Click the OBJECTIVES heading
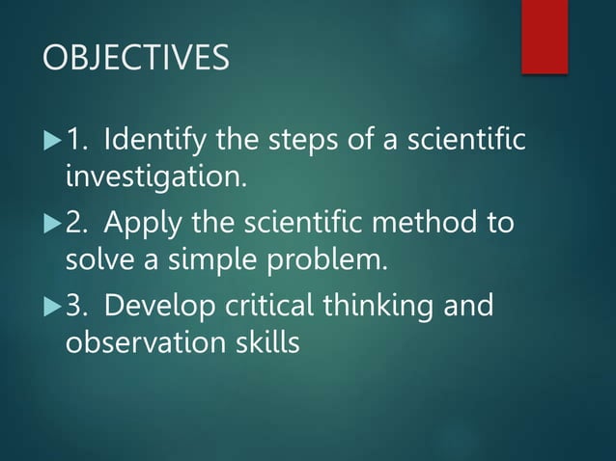click(136, 58)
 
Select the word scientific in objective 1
click(465, 142)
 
